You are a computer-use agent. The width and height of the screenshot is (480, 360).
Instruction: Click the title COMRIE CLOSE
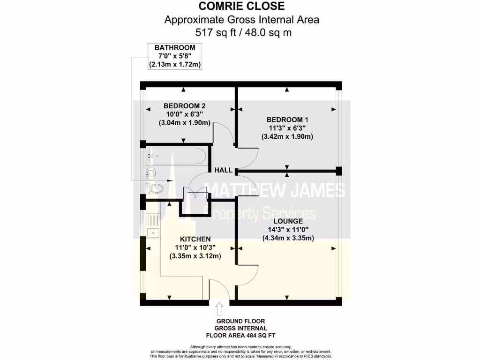coord(241,7)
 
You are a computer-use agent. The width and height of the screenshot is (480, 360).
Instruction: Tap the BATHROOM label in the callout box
coord(175,47)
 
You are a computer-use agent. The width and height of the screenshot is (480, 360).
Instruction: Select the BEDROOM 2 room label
coord(184,106)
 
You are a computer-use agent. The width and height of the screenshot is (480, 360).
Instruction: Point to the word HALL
coord(224,170)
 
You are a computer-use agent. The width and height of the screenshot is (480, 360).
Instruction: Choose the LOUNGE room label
coord(288,221)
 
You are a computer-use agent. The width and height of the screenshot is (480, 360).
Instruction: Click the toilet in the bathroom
coord(156,188)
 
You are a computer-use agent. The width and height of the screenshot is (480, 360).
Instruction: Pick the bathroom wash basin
coord(151,172)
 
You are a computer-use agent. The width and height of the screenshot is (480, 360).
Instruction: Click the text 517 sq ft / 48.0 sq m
coord(241,32)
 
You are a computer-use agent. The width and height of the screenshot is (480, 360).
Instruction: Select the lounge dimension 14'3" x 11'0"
coord(288,229)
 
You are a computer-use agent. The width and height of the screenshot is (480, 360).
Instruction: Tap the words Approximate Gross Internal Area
coord(241,20)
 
